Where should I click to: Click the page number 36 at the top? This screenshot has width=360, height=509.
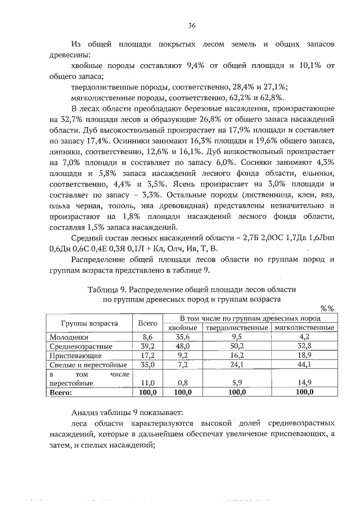click(192, 25)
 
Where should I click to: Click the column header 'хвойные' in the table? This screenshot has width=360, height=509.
click(182, 327)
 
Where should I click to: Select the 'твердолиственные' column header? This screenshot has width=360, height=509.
click(236, 327)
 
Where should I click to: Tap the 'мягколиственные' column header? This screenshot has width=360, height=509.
click(304, 327)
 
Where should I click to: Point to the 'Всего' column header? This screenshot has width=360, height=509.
click(147, 323)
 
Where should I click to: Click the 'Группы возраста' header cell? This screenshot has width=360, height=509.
click(89, 323)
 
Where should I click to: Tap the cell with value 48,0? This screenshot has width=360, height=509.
click(182, 346)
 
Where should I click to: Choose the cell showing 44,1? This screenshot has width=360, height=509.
click(304, 365)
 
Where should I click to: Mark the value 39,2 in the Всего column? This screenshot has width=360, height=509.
click(147, 346)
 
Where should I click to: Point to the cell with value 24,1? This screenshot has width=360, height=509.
click(236, 365)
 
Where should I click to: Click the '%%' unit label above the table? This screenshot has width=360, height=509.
click(327, 308)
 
